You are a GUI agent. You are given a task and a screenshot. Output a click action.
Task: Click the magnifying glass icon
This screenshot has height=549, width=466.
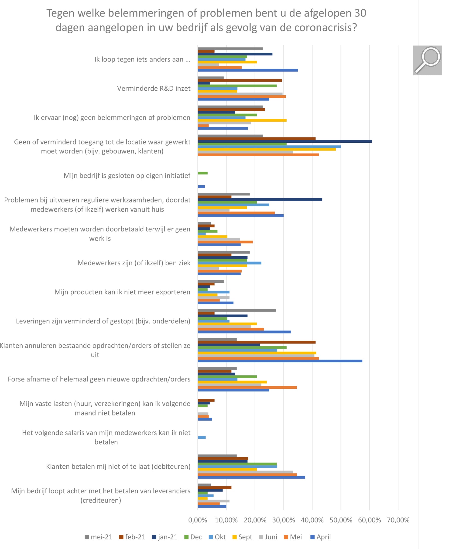tap(427, 60)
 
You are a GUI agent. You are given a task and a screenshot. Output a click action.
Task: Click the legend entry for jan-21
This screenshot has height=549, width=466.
tap(165, 537)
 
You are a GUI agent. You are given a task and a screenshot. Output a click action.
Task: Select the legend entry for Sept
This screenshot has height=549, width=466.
tap(242, 537)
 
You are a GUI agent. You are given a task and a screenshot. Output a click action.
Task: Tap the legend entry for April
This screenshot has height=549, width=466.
tap(320, 537)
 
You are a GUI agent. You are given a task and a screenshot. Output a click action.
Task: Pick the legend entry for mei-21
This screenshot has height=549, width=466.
tap(99, 537)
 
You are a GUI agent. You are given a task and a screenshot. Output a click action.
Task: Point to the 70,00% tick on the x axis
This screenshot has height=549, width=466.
tap(398, 520)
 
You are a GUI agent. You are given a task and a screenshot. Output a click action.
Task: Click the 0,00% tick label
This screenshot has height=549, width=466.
tap(198, 520)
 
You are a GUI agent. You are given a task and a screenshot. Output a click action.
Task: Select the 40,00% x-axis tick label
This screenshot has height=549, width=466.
tap(312, 520)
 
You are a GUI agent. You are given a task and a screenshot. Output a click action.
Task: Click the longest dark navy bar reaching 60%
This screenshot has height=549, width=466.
tap(285, 141)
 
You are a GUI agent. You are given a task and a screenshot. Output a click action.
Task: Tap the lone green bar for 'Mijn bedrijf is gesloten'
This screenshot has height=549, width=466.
tap(203, 173)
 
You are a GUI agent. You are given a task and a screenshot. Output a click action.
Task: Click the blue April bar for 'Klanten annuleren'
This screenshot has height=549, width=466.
tap(280, 361)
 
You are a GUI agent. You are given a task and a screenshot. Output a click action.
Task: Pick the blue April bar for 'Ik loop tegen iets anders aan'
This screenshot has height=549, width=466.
tap(248, 70)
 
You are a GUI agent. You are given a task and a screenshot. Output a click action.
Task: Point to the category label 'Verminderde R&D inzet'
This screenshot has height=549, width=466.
tap(154, 89)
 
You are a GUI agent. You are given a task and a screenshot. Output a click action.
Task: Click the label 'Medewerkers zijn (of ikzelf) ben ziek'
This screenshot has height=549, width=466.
tap(134, 263)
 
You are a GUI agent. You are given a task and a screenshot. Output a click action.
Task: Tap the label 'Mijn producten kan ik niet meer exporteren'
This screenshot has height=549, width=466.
tap(122, 292)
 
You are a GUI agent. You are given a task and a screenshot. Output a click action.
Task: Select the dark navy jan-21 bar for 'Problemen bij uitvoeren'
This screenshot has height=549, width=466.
tap(260, 199)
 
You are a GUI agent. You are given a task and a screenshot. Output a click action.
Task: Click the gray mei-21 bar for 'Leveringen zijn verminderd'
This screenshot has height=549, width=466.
tap(237, 310)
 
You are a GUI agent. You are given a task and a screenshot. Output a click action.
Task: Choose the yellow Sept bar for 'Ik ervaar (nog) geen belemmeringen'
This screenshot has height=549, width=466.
tap(242, 120)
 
